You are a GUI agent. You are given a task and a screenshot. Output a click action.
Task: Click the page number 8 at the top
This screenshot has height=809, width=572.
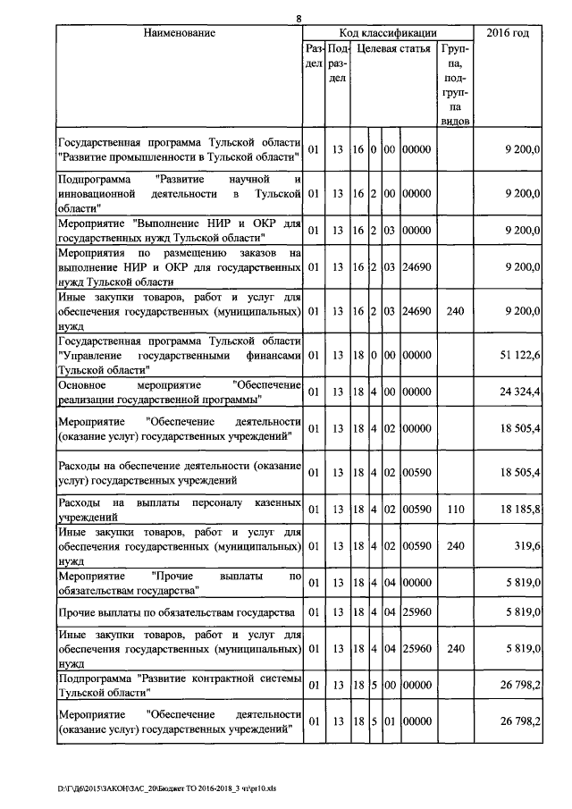pos(299,19)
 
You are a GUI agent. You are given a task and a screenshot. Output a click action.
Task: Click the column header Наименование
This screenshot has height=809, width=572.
pos(179,33)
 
